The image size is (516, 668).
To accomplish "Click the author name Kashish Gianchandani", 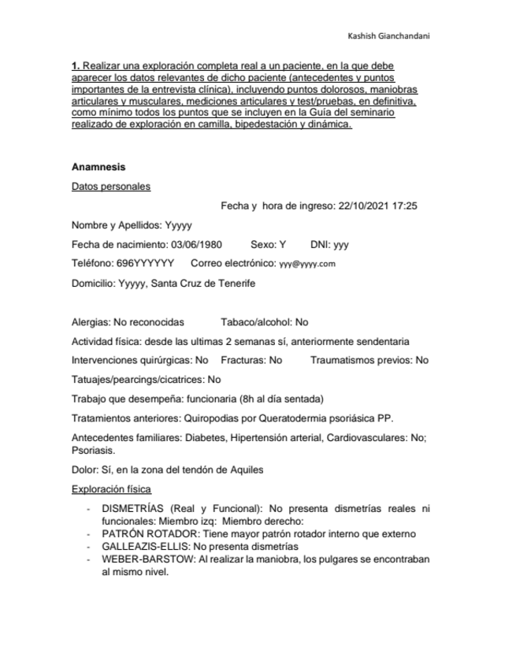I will coord(388,36).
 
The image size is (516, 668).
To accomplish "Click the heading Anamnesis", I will coord(98,167).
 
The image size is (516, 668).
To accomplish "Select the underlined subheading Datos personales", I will coord(110,187).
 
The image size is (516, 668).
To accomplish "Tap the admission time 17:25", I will coord(404,206).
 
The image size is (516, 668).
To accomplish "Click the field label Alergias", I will coord(89,322).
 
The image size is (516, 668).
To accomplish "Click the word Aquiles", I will coord(247,470).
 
